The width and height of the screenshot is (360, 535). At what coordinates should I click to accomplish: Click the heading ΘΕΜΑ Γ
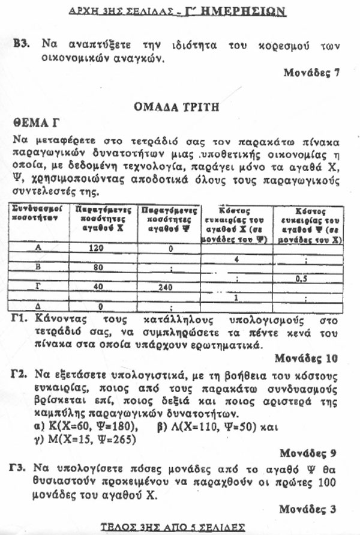pyautogui.click(x=38, y=123)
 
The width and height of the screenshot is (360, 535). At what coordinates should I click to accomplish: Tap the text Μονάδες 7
pyautogui.click(x=312, y=73)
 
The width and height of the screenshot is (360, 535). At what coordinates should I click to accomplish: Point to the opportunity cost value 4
pyautogui.click(x=238, y=259)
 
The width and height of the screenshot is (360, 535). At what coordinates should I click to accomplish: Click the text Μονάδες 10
pyautogui.click(x=308, y=358)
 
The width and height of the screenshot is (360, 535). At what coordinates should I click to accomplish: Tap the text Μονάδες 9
pyautogui.click(x=310, y=453)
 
